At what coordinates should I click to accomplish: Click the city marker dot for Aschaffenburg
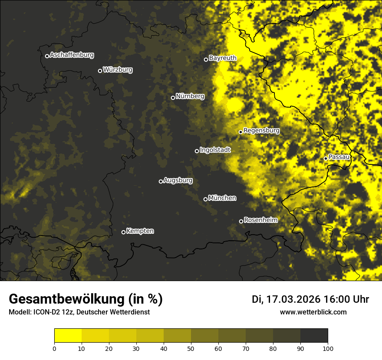point(47,56)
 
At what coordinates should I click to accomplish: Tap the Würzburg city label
point(118,70)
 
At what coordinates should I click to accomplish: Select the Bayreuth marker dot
point(206,59)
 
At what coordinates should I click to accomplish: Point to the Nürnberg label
point(190,96)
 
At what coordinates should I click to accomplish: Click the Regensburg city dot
point(240,132)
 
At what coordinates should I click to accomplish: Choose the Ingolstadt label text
point(215,150)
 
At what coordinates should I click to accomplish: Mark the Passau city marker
point(326,158)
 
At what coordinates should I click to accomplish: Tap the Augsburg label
point(178,180)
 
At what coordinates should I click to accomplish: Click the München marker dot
point(206,199)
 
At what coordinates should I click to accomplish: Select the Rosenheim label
point(260,220)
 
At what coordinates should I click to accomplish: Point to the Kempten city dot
point(123,232)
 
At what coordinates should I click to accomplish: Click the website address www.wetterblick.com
point(313,312)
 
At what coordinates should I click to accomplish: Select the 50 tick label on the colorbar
point(191,348)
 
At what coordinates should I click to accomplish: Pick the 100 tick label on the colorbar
point(328,348)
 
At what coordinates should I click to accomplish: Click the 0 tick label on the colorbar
point(54,348)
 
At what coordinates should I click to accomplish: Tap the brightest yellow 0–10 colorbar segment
point(68,336)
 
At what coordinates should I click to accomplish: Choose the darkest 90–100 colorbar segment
point(314,336)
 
